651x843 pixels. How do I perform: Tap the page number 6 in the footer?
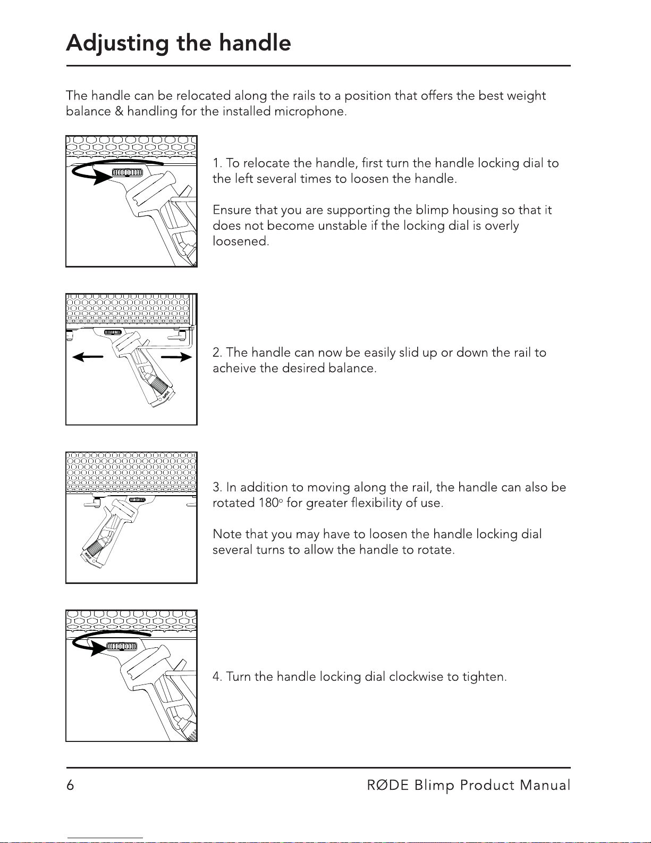click(x=70, y=786)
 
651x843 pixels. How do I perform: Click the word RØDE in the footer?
click(x=388, y=786)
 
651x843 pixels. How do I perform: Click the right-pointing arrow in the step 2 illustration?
click(x=176, y=357)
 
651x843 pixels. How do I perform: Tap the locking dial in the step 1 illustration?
click(x=128, y=172)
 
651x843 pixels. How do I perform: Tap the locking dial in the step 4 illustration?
click(x=122, y=646)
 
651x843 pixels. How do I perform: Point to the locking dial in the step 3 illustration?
click(x=138, y=500)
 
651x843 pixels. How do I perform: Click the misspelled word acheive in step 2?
click(x=234, y=368)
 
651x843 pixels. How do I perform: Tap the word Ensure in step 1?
click(x=232, y=210)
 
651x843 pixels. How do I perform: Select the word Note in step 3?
click(x=225, y=534)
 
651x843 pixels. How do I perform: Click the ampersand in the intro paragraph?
click(x=119, y=112)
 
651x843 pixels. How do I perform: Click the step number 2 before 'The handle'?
click(x=217, y=353)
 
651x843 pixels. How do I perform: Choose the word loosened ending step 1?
click(x=240, y=241)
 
